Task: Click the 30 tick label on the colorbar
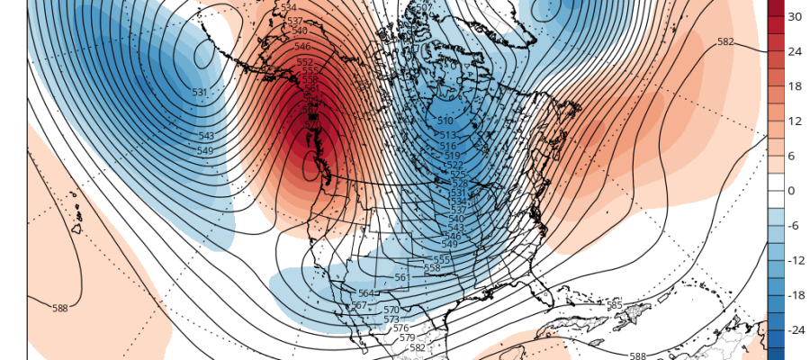click(x=795, y=17)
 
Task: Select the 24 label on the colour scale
click(x=795, y=51)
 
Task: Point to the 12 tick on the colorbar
click(x=795, y=121)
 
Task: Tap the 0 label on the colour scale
click(x=791, y=191)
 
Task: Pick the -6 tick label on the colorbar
click(x=794, y=226)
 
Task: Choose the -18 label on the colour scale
click(x=795, y=296)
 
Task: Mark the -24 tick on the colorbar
click(x=795, y=331)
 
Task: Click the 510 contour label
click(x=445, y=121)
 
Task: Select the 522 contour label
click(x=454, y=166)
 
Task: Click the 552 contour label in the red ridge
click(x=305, y=62)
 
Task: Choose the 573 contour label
click(x=391, y=319)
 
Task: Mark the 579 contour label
click(x=407, y=338)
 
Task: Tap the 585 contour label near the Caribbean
click(x=615, y=306)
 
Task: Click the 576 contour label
click(x=400, y=328)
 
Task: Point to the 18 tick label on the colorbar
click(x=795, y=86)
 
